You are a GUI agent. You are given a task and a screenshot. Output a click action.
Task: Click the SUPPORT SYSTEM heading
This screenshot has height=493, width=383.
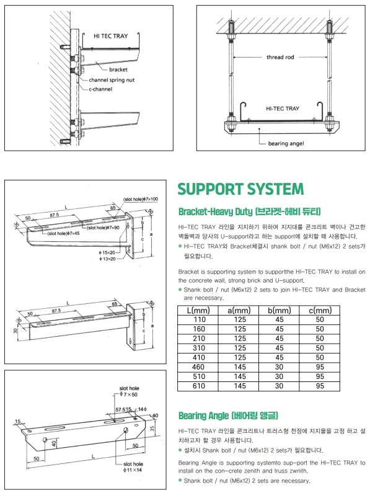240,189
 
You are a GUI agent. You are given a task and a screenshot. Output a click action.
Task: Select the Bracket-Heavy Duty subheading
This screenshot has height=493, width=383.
249,211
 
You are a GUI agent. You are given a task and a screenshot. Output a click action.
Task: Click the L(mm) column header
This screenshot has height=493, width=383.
198,309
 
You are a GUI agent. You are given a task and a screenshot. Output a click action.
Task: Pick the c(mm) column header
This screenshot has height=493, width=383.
319,309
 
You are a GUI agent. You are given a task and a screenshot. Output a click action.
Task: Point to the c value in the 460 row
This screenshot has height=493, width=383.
319,367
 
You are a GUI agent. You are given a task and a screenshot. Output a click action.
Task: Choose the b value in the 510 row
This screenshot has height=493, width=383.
278,376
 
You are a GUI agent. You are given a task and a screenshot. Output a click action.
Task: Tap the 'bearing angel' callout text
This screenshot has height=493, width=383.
286,143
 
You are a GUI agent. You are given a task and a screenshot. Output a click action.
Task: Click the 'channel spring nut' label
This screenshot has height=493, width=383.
116,80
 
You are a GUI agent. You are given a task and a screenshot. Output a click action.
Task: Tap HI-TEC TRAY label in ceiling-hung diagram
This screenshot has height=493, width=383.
282,109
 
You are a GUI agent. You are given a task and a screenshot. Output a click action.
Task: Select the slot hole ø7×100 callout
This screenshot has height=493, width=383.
141,199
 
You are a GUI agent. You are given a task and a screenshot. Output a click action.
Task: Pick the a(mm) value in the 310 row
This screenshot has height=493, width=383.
237,348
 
